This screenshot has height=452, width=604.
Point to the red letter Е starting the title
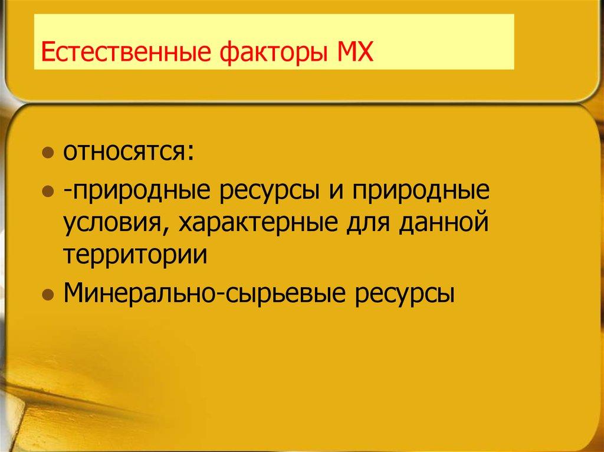(47, 54)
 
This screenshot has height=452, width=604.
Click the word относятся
(123, 156)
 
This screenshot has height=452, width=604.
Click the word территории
(136, 257)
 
